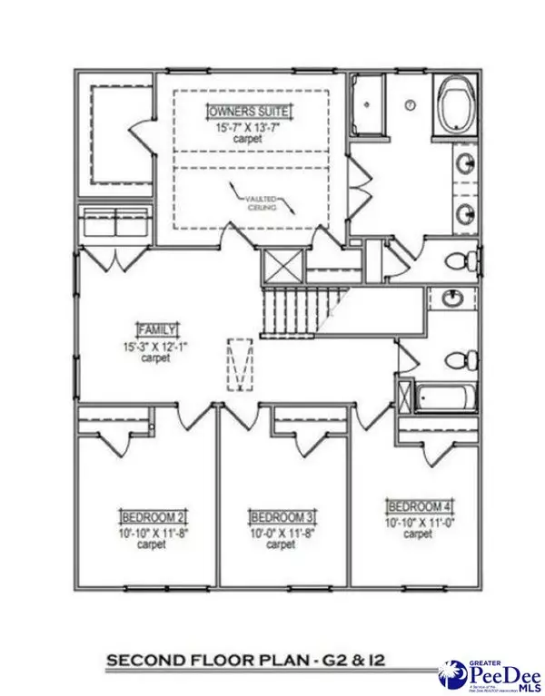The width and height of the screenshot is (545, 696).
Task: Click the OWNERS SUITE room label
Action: click(243, 111)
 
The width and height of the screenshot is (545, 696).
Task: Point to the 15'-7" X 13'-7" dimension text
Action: click(243, 128)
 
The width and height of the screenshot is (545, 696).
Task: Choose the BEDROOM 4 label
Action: click(417, 505)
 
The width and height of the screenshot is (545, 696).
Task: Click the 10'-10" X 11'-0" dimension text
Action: click(417, 522)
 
